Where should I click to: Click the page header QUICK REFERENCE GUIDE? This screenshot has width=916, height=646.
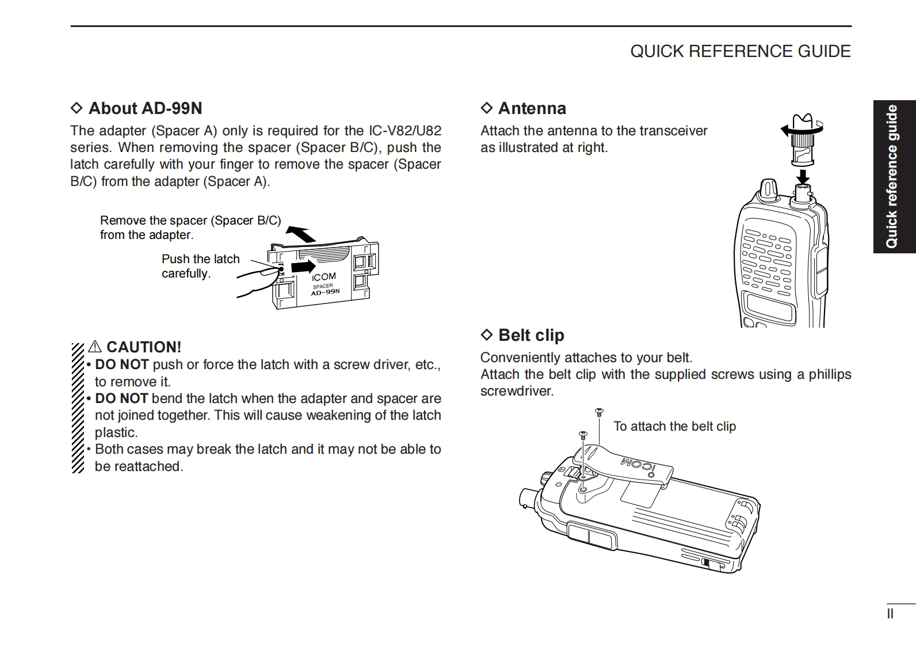pos(740,51)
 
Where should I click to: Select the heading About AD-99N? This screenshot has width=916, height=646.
pos(145,108)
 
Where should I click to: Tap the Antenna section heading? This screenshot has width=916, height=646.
pos(532,108)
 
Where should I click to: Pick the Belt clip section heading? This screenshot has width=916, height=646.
pos(530,335)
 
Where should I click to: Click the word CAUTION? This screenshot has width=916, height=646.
pos(143,347)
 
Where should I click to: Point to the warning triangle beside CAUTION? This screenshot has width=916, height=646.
pos(95,347)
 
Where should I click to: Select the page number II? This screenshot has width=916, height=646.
pos(890,614)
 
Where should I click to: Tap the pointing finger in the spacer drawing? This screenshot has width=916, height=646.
pos(256,279)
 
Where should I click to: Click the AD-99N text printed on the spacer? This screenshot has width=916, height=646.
pos(325,292)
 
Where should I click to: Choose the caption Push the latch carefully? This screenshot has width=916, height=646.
pos(200,266)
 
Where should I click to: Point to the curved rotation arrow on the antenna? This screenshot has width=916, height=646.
pos(791,131)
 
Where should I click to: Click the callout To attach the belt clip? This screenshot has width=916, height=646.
pos(674,427)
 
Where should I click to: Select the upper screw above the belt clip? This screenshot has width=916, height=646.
pos(598,412)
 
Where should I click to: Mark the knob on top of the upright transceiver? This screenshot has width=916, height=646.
pos(769,189)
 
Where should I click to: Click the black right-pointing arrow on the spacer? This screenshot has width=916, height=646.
pos(303,267)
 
